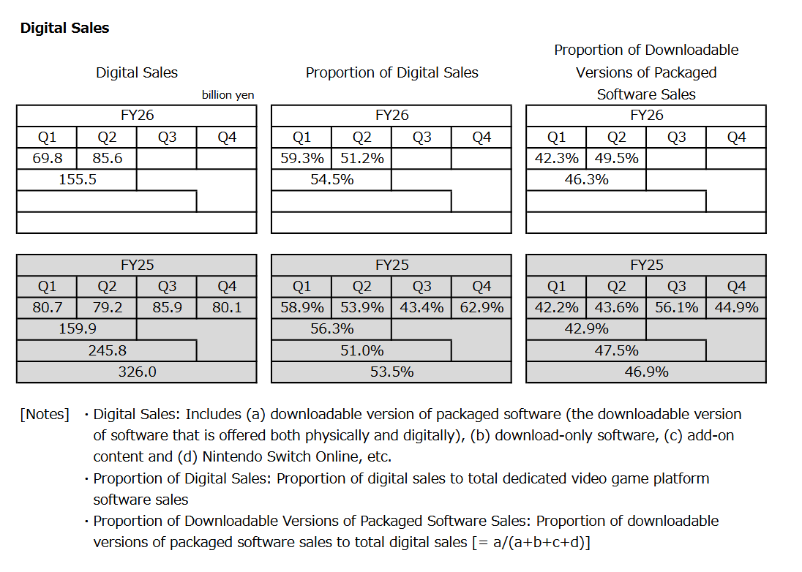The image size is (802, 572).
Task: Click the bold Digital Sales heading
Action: pyautogui.click(x=64, y=28)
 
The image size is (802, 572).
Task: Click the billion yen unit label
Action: pyautogui.click(x=228, y=95)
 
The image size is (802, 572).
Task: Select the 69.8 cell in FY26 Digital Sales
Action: pyautogui.click(x=47, y=158)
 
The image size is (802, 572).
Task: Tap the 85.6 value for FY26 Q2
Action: pyautogui.click(x=107, y=158)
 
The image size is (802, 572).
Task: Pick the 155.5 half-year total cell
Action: pyautogui.click(x=77, y=179)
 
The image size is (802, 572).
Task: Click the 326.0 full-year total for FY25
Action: pyautogui.click(x=137, y=372)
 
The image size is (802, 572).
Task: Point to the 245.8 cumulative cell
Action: pyautogui.click(x=107, y=350)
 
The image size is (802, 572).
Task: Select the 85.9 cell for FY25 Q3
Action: pyautogui.click(x=167, y=308)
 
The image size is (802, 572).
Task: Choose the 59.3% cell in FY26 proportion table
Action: pyautogui.click(x=301, y=158)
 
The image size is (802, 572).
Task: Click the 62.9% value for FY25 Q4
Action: pyautogui.click(x=481, y=308)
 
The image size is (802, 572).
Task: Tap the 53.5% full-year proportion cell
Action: pyautogui.click(x=391, y=372)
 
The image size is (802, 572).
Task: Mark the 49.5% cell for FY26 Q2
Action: pyautogui.click(x=616, y=158)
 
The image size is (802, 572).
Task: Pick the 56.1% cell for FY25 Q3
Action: pyautogui.click(x=676, y=308)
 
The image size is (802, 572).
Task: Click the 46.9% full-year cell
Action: pyautogui.click(x=646, y=372)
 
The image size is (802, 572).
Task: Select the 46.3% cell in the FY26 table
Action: pyautogui.click(x=586, y=179)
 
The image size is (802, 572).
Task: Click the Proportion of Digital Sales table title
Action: pyautogui.click(x=391, y=72)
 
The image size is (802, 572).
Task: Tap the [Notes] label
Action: pyautogui.click(x=45, y=415)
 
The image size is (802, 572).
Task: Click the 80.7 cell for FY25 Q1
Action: pyautogui.click(x=47, y=308)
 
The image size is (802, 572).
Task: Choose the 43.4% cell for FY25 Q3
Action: pyautogui.click(x=421, y=308)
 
